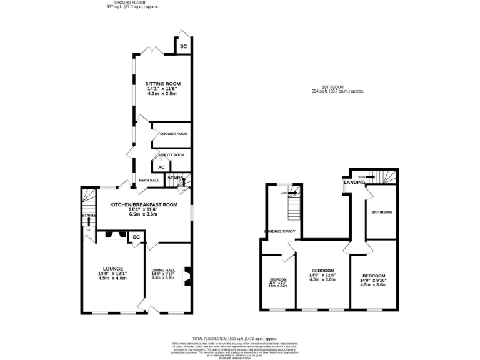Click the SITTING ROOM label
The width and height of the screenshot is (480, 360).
click(x=163, y=83)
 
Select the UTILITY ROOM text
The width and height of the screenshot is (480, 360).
click(x=171, y=154)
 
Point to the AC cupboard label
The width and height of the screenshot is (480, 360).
click(x=161, y=167)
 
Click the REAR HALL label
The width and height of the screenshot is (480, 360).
click(x=149, y=180)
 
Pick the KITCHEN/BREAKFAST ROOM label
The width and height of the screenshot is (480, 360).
click(x=144, y=204)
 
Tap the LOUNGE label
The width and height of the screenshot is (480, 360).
click(x=112, y=269)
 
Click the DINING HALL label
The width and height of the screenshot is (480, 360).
click(x=162, y=269)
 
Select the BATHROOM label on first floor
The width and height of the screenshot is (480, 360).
click(x=381, y=212)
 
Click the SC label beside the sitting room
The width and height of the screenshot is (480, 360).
click(x=184, y=47)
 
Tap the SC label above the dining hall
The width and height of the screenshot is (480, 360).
click(x=136, y=237)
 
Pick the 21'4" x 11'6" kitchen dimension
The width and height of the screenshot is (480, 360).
click(x=144, y=209)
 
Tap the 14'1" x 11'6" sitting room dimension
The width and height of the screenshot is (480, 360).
click(x=163, y=89)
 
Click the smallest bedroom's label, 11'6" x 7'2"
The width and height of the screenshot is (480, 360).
click(x=278, y=282)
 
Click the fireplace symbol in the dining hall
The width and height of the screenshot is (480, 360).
click(x=186, y=276)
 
